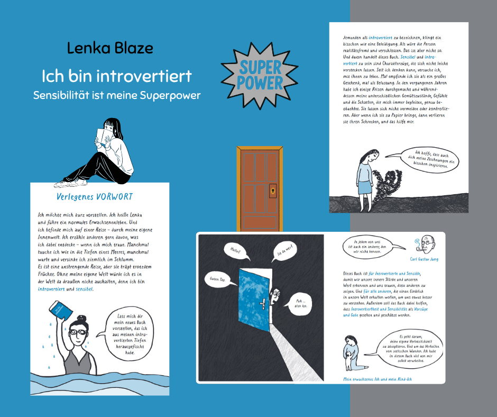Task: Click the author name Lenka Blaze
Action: coord(110,49)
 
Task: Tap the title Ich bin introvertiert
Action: coord(116,76)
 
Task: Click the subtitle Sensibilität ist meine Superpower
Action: coord(117,96)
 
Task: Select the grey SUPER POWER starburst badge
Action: coord(253,75)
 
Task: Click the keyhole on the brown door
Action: coord(273,189)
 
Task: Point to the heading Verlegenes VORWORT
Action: coord(95,197)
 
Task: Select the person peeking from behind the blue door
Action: coord(275,297)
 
